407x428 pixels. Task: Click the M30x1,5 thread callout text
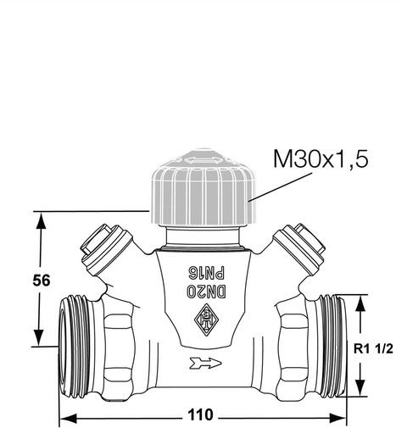coord(321,159)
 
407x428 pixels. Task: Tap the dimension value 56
coord(42,281)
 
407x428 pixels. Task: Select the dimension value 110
coord(200,415)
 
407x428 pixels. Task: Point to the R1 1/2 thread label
coord(373,349)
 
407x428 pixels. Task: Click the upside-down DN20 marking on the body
coord(206,291)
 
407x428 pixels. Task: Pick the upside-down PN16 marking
coord(206,273)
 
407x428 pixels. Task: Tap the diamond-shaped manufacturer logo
coord(207,320)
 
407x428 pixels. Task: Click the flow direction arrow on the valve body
coord(205,364)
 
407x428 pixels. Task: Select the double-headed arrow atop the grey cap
coord(203,161)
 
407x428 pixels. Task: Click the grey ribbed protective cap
coord(203,187)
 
